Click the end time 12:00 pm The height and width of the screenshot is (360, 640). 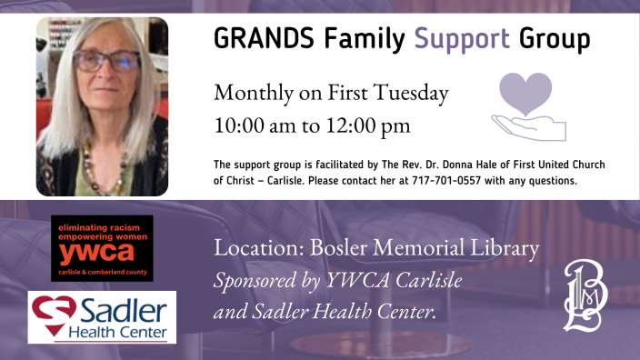tap(365, 125)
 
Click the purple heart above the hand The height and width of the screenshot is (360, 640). tap(526, 95)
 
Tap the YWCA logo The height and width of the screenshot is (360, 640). tap(102, 248)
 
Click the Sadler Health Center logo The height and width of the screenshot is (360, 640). tap(102, 316)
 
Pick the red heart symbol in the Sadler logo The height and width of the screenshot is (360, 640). tap(49, 311)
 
